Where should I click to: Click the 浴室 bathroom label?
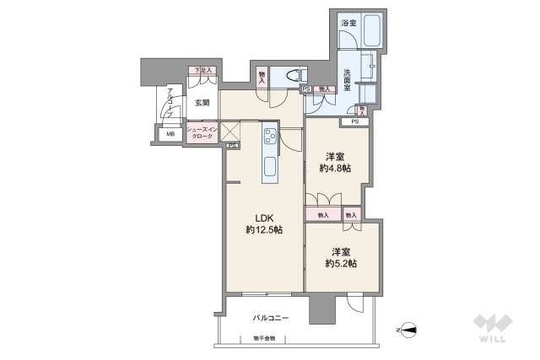point(348,24)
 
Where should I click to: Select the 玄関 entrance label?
point(202,103)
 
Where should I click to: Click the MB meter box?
point(170,133)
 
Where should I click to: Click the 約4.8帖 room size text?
point(335,169)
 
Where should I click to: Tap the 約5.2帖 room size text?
point(339,264)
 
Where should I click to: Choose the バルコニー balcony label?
point(271,319)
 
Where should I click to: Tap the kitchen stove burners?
point(270,134)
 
